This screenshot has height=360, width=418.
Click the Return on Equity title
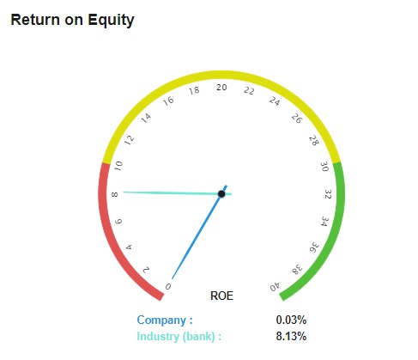pos(72,21)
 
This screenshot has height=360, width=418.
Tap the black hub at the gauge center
pos(221,194)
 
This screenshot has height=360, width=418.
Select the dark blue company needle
pos(199,232)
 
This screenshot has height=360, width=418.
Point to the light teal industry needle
pos(177,193)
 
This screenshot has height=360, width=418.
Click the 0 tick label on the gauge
pos(168,286)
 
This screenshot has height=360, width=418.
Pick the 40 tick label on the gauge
pos(275,287)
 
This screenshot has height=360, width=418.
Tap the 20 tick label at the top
pos(221,88)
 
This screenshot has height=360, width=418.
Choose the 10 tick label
pos(118,166)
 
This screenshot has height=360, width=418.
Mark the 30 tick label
pos(324,167)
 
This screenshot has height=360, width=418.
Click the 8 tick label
pos(114,195)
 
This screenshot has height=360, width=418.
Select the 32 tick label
pos(328,194)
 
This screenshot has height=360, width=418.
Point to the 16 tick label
pos(168,101)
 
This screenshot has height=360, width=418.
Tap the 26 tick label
pos(297,119)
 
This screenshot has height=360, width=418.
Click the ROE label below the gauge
pos(221,296)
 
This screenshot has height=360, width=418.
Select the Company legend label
pos(165,320)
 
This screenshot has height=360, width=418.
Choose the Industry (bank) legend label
pos(179,336)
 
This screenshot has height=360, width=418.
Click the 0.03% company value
pos(291,320)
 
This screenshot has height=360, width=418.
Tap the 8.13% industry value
pos(291,336)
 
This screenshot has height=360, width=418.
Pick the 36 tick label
pos(314,247)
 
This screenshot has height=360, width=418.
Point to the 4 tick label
pos(129,247)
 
